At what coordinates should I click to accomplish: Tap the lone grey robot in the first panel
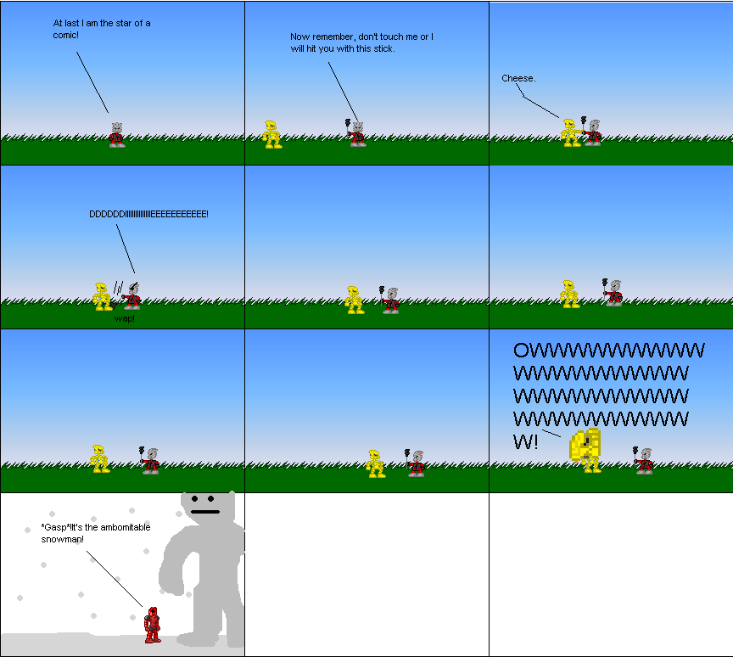click(x=117, y=135)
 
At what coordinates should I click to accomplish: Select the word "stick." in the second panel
click(x=383, y=48)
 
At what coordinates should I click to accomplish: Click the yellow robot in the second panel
click(x=271, y=134)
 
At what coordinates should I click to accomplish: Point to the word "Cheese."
click(x=518, y=78)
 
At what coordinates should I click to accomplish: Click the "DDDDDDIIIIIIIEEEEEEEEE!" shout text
click(x=148, y=214)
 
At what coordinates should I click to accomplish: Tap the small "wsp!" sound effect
click(x=125, y=318)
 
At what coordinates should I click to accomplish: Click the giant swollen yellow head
click(x=586, y=445)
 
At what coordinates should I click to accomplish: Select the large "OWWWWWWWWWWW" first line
click(x=608, y=351)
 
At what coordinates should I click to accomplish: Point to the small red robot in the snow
click(x=152, y=625)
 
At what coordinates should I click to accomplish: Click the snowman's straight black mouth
click(x=204, y=511)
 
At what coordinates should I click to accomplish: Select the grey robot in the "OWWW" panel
click(x=645, y=461)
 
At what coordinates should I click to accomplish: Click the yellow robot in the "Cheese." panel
click(x=570, y=132)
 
